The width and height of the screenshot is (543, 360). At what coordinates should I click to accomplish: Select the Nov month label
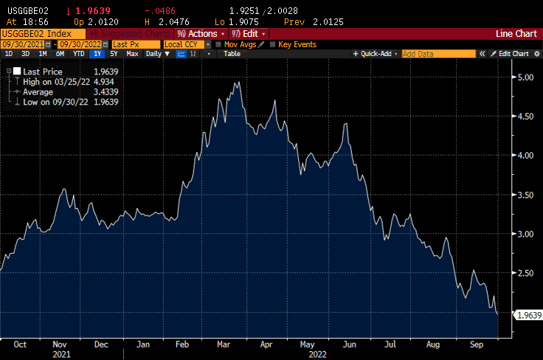[x=60, y=344]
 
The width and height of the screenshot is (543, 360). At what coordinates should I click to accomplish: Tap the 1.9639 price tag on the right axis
[x=528, y=316]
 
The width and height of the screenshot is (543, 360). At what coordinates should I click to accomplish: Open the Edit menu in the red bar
[x=249, y=34]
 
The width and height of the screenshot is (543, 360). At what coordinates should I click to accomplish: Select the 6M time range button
[x=60, y=54]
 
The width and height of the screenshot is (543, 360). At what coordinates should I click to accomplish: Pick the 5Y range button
[x=114, y=54]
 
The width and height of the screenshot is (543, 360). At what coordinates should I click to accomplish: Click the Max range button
[x=132, y=54]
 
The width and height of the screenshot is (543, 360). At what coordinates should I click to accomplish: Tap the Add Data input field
[x=438, y=54]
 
